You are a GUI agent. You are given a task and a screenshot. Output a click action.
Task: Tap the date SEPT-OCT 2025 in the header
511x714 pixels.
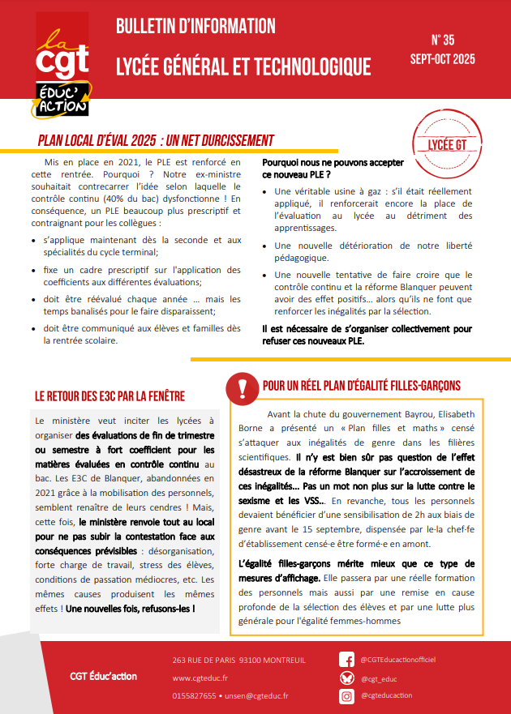click(443, 59)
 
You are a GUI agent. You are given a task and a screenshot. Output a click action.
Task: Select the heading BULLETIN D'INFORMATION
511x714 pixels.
click(195, 27)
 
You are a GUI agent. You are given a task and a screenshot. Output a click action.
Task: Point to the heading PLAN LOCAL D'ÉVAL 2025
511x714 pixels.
click(156, 140)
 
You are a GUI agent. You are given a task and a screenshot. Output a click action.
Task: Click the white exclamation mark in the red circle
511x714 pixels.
click(241, 388)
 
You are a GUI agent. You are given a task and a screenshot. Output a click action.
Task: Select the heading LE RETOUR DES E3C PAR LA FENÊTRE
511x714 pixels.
click(110, 396)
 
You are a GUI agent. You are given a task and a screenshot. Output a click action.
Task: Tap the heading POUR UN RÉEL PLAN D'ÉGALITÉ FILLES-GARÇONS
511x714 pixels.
click(362, 385)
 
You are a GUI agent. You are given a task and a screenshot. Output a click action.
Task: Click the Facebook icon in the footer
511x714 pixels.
click(346, 660)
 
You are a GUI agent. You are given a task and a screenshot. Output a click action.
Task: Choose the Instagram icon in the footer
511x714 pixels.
click(346, 696)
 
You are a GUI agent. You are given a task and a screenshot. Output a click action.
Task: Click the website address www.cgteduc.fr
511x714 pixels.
click(200, 678)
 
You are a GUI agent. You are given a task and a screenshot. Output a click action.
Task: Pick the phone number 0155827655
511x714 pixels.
click(194, 696)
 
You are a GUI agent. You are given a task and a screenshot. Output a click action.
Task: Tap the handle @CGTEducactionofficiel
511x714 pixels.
click(399, 660)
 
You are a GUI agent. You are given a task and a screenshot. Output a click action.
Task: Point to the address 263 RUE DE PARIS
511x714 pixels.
click(211, 660)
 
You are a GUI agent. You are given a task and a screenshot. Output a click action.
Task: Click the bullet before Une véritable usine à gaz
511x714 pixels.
click(267, 192)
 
